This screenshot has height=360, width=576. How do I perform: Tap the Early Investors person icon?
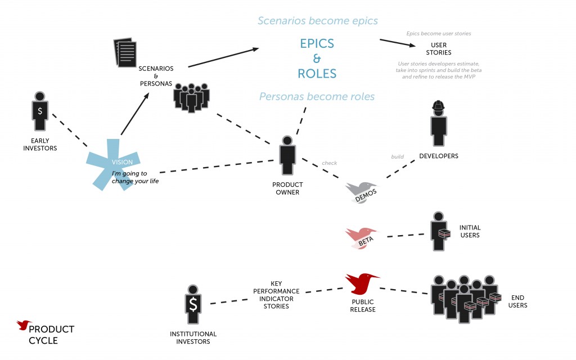[40, 112]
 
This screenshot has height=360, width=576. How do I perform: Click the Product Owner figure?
[287, 156]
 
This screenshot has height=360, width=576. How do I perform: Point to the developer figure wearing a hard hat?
[438, 124]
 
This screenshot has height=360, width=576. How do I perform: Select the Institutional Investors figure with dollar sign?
[192, 304]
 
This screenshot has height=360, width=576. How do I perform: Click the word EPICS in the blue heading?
[317, 44]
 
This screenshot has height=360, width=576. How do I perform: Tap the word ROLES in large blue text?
[317, 73]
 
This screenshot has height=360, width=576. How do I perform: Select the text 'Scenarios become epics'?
[317, 21]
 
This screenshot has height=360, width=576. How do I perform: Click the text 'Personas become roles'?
[317, 97]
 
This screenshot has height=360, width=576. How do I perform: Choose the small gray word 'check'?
[329, 163]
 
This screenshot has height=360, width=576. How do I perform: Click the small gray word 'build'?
[398, 156]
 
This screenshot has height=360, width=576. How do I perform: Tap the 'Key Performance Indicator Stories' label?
[276, 295]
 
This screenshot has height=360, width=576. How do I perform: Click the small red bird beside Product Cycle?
[24, 325]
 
